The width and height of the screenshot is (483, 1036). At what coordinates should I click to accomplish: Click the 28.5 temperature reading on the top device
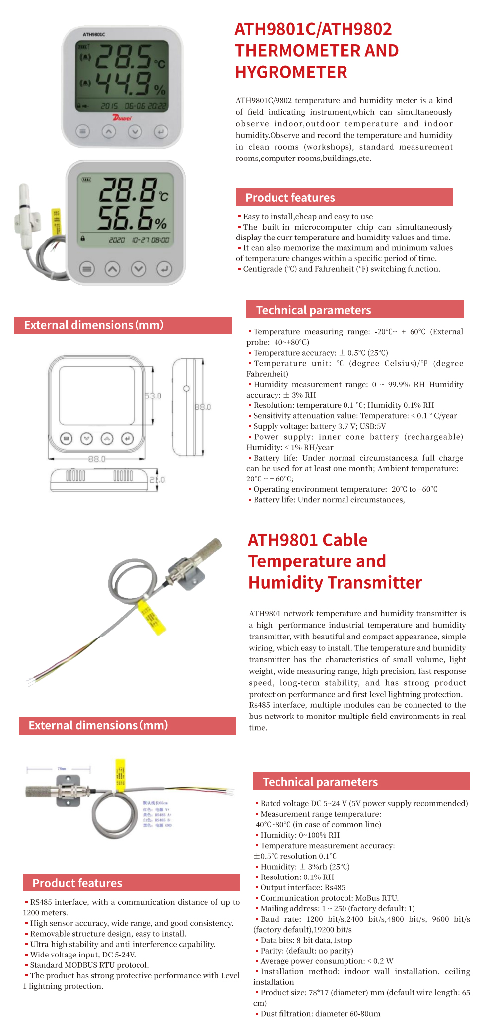click(123, 56)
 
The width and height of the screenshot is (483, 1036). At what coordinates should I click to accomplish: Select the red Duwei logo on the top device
click(122, 118)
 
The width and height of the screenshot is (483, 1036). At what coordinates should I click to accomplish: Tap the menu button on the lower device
click(87, 269)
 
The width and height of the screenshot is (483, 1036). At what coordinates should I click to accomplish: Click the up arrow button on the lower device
click(113, 269)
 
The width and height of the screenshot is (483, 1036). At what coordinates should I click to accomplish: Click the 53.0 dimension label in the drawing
click(153, 396)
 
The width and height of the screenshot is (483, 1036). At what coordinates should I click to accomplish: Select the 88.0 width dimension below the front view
click(97, 459)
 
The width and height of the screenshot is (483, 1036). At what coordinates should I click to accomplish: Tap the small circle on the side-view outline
click(186, 388)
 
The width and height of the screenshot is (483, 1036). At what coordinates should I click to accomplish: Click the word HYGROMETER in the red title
click(291, 72)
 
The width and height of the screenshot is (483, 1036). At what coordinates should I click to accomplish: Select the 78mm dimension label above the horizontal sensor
click(62, 769)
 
